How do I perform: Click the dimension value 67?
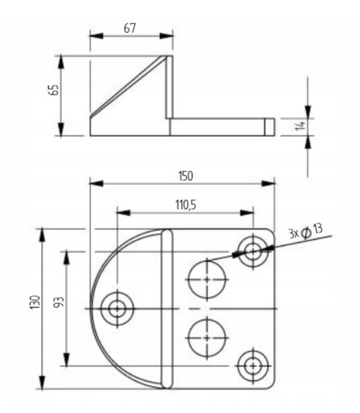pos(130,28)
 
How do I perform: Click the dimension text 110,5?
pos(185,205)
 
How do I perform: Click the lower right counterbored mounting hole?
pos(253,366)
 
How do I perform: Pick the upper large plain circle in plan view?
pos(207,280)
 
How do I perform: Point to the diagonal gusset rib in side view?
pos(128,87)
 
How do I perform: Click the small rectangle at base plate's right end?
pos(269,127)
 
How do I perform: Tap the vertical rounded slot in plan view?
pos(167,309)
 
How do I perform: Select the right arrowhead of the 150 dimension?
pos(269,183)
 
